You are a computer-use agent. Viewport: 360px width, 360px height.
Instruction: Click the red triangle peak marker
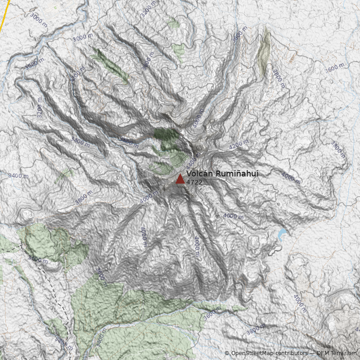[180, 179]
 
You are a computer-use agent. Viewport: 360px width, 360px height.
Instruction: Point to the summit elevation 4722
[194, 182]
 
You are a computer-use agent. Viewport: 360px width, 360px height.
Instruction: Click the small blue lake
[282, 234]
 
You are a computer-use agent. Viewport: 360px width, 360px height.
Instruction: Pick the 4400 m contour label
[193, 160]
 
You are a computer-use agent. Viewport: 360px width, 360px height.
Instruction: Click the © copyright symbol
[227, 353]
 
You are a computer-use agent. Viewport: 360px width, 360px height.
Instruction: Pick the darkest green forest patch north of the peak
[166, 134]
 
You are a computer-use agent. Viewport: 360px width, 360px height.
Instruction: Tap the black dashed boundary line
[63, 306]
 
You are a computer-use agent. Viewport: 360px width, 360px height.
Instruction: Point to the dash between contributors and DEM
[312, 353]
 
